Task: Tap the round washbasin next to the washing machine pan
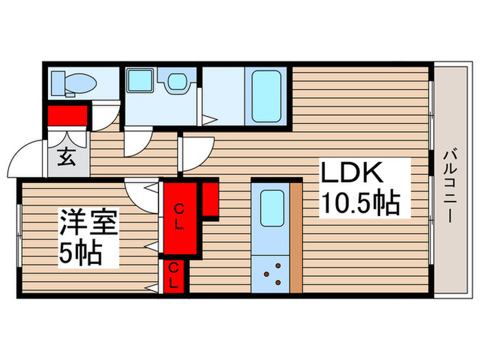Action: point(177,82)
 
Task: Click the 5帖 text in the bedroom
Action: point(81,254)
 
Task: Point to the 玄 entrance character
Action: point(66,158)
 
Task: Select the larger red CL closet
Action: point(178,216)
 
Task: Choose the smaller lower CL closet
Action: point(174,276)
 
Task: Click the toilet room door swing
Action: point(104,117)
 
